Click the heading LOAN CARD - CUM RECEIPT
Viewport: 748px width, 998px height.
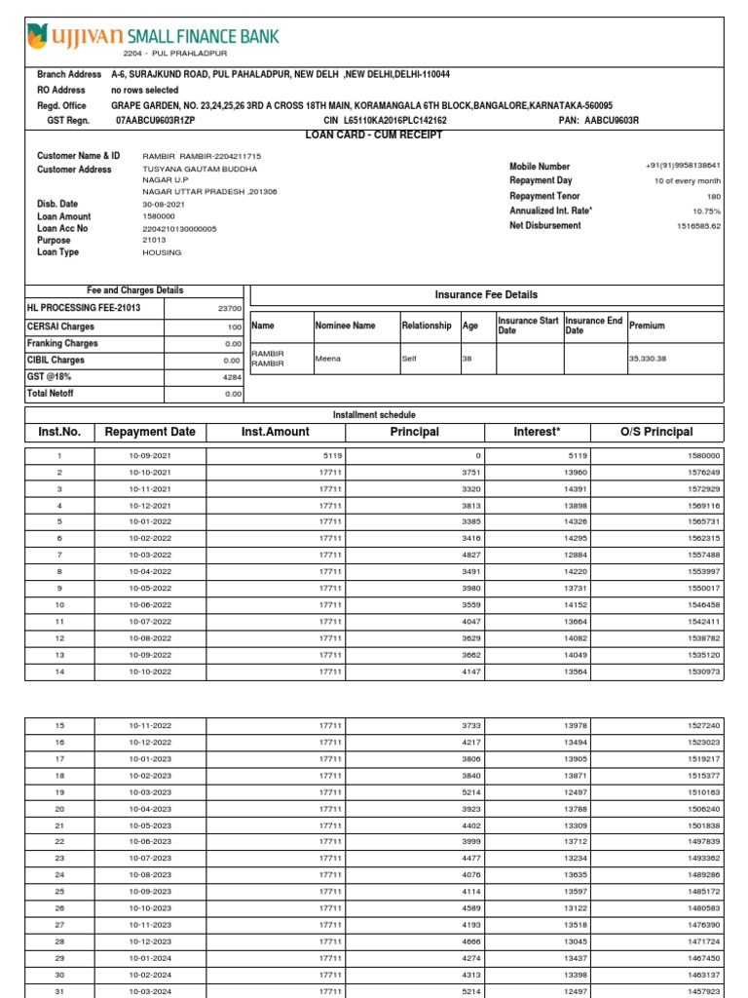[374, 134]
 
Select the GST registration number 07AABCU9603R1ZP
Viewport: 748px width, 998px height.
[156, 121]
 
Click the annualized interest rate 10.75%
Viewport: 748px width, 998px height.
[706, 211]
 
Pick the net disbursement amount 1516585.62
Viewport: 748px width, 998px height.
[698, 225]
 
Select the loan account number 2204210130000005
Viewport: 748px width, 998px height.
[179, 228]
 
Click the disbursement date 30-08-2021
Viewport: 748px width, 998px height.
[163, 205]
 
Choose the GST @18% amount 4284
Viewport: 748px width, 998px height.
[231, 377]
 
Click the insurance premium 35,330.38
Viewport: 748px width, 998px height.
[648, 358]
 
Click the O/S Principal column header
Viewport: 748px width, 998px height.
[655, 432]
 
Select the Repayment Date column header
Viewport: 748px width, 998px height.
[150, 432]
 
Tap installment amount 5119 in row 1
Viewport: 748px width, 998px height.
[331, 456]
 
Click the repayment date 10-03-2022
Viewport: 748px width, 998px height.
[150, 556]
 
